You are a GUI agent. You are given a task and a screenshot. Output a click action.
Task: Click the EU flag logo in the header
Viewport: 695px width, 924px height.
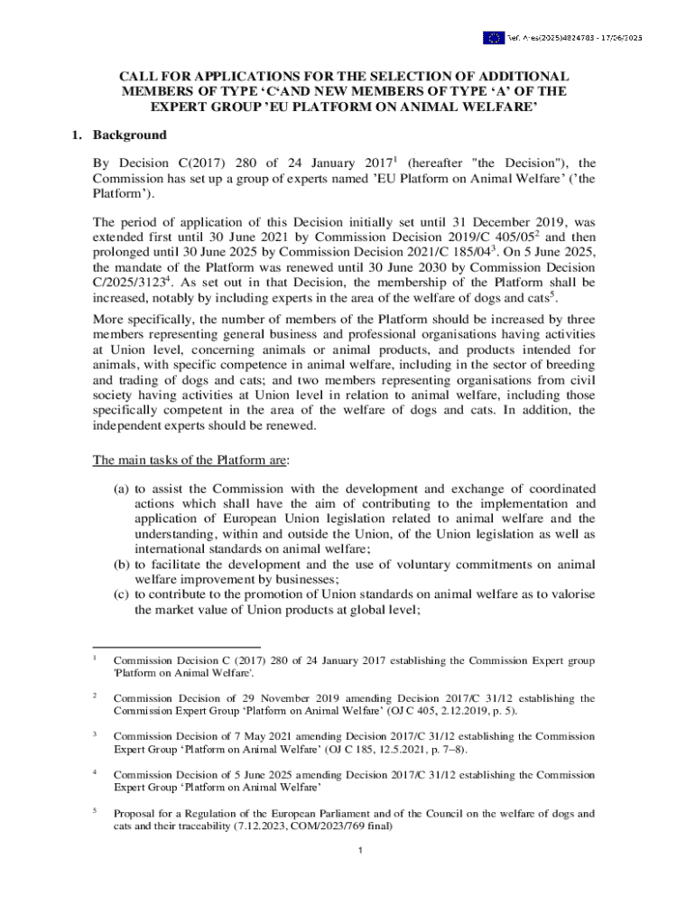click(493, 38)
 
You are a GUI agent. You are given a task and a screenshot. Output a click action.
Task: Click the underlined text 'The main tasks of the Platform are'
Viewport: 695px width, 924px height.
click(190, 460)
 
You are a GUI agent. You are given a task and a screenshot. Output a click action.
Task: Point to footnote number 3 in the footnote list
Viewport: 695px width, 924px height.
click(96, 734)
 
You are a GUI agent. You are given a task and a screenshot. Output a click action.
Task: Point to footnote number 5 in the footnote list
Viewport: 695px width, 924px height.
click(96, 810)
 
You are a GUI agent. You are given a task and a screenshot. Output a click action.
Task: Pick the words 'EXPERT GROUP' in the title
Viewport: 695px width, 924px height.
click(199, 107)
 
